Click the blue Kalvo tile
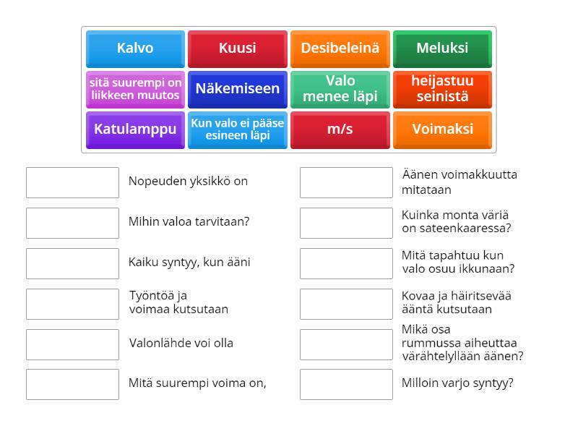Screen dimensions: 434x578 pos(135,48)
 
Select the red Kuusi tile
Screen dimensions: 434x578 pos(238,48)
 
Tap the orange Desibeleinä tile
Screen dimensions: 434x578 pos(340,48)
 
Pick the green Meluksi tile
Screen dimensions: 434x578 pos(442,48)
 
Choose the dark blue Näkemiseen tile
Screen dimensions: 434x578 pos(238,89)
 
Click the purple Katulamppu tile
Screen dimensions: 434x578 pos(135,129)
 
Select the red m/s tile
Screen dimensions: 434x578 pos(340,129)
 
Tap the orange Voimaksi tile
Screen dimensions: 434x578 pos(442,129)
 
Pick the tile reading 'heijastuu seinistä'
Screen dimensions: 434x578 pos(442,89)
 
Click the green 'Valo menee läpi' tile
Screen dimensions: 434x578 pos(340,89)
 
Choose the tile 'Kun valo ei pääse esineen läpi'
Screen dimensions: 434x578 pos(238,129)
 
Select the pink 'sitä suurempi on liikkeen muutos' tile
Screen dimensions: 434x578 pos(135,89)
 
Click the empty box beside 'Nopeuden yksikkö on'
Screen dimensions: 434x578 pos(72,182)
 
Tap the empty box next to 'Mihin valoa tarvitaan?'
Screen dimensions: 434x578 pos(72,223)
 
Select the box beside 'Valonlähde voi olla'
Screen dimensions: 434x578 pos(72,344)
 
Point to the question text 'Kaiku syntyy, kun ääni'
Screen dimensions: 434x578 pos(189,263)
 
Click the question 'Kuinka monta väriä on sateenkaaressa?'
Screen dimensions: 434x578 pos(456,222)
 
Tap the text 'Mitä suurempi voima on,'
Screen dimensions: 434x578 pos(197,384)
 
